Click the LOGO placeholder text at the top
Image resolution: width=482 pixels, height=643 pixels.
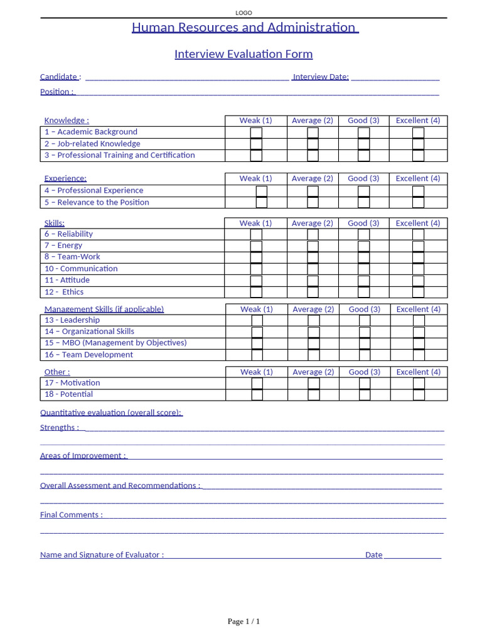coord(244,13)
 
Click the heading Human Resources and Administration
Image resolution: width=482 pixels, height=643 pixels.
coord(245,28)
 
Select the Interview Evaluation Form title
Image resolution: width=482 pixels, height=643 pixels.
coord(244,54)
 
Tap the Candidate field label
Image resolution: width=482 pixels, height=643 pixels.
coord(59,77)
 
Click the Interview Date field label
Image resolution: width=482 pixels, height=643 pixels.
coord(321,77)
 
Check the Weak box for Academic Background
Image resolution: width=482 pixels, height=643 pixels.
coord(256,132)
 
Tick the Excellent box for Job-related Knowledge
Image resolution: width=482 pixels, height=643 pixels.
coord(418,144)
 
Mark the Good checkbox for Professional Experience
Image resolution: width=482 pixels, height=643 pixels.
coord(363,191)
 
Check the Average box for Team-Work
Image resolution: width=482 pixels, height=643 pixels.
coord(313,257)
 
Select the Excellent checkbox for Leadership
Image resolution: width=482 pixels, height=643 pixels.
coord(419,320)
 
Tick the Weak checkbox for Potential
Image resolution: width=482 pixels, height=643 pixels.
coord(257,394)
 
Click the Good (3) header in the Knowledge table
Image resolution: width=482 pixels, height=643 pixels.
coord(363,121)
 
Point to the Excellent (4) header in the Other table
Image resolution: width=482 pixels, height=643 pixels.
coord(418,372)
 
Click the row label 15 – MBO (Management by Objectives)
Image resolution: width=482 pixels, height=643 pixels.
coord(115,343)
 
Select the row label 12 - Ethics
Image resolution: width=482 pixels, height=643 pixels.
coord(64,292)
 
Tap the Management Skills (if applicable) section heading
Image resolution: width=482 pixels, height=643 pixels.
coord(104,309)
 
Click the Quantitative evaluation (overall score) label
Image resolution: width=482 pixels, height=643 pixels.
coord(111,413)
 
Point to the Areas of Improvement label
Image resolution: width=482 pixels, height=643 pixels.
coord(83,456)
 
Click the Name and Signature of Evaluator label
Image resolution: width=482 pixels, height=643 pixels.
coord(102,555)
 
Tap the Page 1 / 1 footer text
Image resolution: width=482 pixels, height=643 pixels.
coord(244,622)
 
